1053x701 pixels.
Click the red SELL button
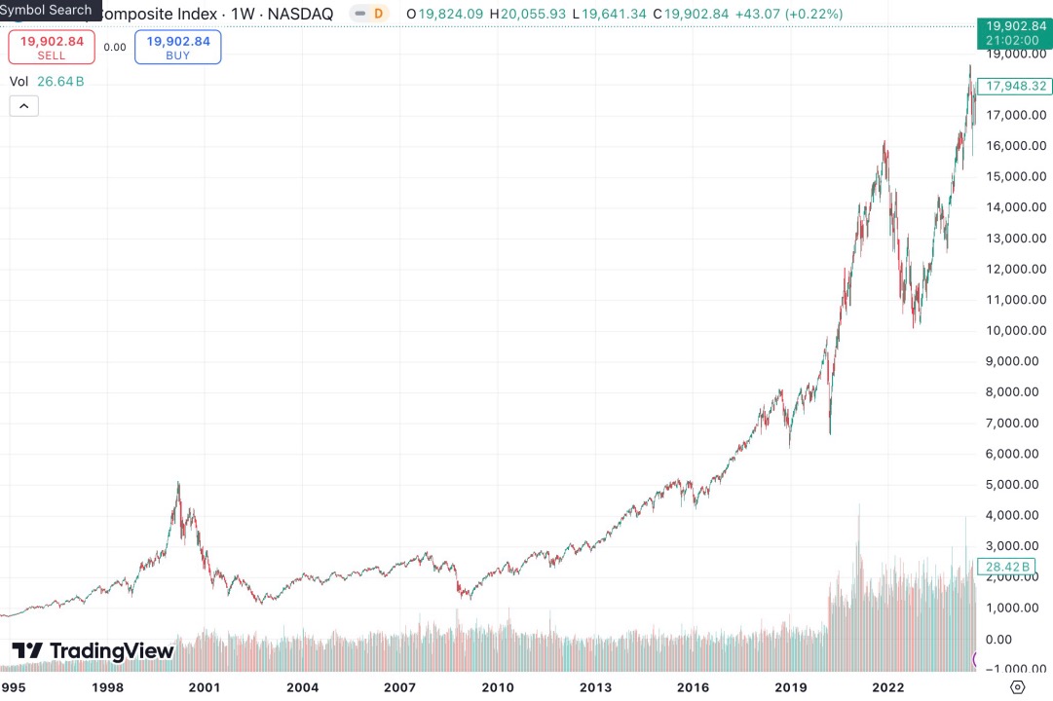(x=52, y=47)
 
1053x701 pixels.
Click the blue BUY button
(x=177, y=47)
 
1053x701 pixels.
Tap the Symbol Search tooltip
(x=49, y=10)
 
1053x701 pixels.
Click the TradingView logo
(x=93, y=650)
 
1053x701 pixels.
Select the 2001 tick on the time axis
(x=205, y=687)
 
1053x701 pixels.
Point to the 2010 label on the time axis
(x=498, y=687)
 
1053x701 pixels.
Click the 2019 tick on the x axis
(x=791, y=687)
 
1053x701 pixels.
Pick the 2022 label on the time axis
(x=888, y=687)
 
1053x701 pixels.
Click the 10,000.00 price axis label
(x=1015, y=330)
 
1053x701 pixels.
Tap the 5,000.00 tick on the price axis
(x=1015, y=484)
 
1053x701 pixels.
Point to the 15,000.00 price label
(x=1015, y=176)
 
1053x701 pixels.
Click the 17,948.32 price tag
(x=1016, y=86)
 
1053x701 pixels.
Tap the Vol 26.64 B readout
(x=47, y=82)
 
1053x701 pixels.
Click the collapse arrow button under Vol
(x=24, y=106)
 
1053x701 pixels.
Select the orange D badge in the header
(x=378, y=14)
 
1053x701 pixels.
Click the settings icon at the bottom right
(x=1017, y=687)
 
